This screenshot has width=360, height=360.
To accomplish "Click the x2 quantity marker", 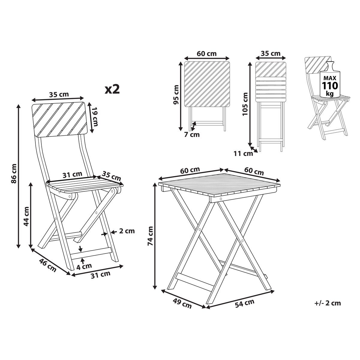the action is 112,89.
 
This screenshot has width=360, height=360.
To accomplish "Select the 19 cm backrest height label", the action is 95,117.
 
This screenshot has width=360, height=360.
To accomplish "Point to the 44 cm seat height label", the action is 26,216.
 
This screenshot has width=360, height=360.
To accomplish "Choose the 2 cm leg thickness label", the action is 127,231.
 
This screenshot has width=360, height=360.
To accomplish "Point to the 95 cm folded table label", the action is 176,94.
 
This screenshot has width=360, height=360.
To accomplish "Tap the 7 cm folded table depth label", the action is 192,134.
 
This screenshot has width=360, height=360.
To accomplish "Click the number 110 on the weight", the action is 330,85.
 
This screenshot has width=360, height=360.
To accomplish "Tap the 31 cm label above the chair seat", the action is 72,175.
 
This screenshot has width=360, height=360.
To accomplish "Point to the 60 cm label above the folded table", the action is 207,54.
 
